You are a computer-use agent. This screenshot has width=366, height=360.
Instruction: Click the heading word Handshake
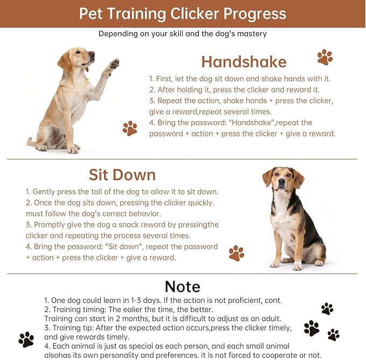point(244,61)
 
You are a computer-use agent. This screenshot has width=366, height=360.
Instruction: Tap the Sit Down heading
point(122,175)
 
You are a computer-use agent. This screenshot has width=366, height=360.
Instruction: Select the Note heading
point(182,286)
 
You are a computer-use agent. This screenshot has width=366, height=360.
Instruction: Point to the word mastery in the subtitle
point(251,33)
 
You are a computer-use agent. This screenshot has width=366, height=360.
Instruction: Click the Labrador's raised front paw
point(113,64)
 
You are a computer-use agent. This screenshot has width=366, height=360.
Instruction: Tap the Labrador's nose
point(92,54)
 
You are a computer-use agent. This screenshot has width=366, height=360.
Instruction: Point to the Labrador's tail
point(31,143)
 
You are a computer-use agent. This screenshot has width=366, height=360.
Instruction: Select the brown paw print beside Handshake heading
point(324,57)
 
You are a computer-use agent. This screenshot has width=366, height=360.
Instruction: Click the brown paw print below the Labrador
point(130,128)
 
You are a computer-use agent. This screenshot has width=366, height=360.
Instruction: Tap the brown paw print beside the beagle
point(236,253)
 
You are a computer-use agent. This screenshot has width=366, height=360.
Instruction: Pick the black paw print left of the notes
point(26,339)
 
